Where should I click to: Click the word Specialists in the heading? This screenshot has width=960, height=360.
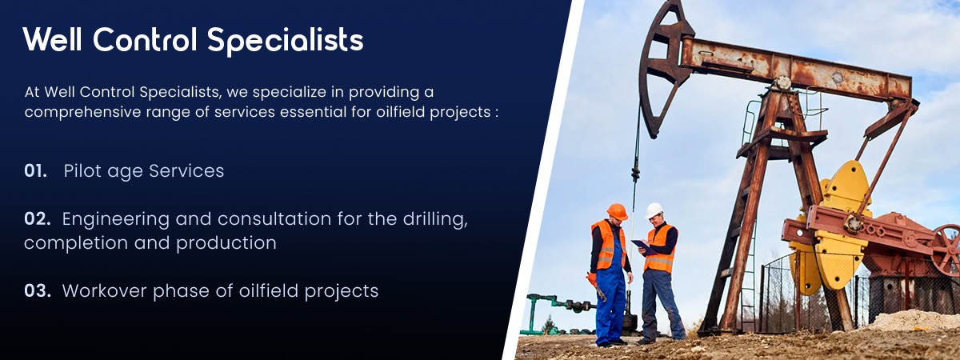click(x=286, y=40)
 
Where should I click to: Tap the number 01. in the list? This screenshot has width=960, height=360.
click(x=35, y=171)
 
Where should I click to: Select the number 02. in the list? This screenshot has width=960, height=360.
click(x=38, y=219)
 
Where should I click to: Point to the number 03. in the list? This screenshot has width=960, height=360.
click(x=38, y=291)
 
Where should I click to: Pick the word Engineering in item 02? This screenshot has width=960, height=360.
click(x=116, y=220)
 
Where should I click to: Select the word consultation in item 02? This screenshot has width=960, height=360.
click(x=274, y=219)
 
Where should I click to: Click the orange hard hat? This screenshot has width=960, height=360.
click(x=617, y=212)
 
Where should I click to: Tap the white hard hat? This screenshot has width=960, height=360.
click(x=654, y=210)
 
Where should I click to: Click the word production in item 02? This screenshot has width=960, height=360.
click(x=226, y=244)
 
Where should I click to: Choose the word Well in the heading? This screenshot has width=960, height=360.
click(x=52, y=39)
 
